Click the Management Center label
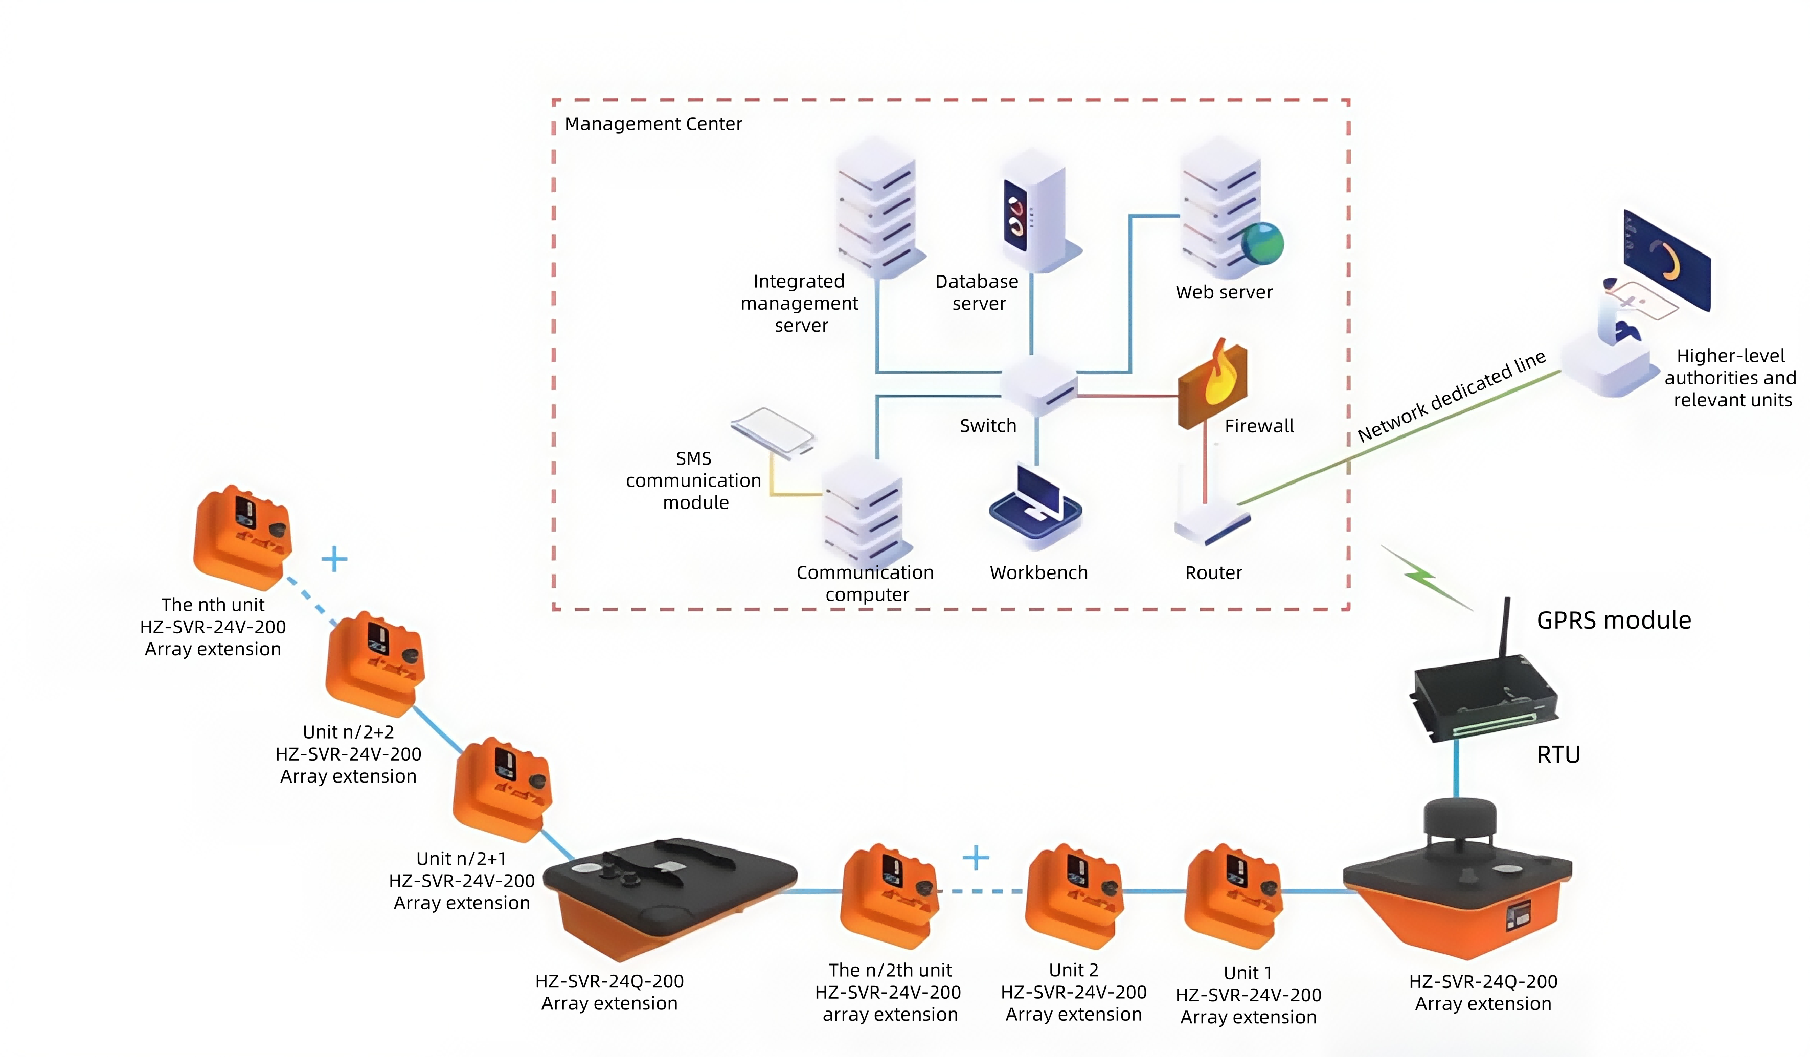653,124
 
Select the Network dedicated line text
1451,397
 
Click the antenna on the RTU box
1505,627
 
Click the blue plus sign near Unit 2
976,857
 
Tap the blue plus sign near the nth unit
334,559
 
